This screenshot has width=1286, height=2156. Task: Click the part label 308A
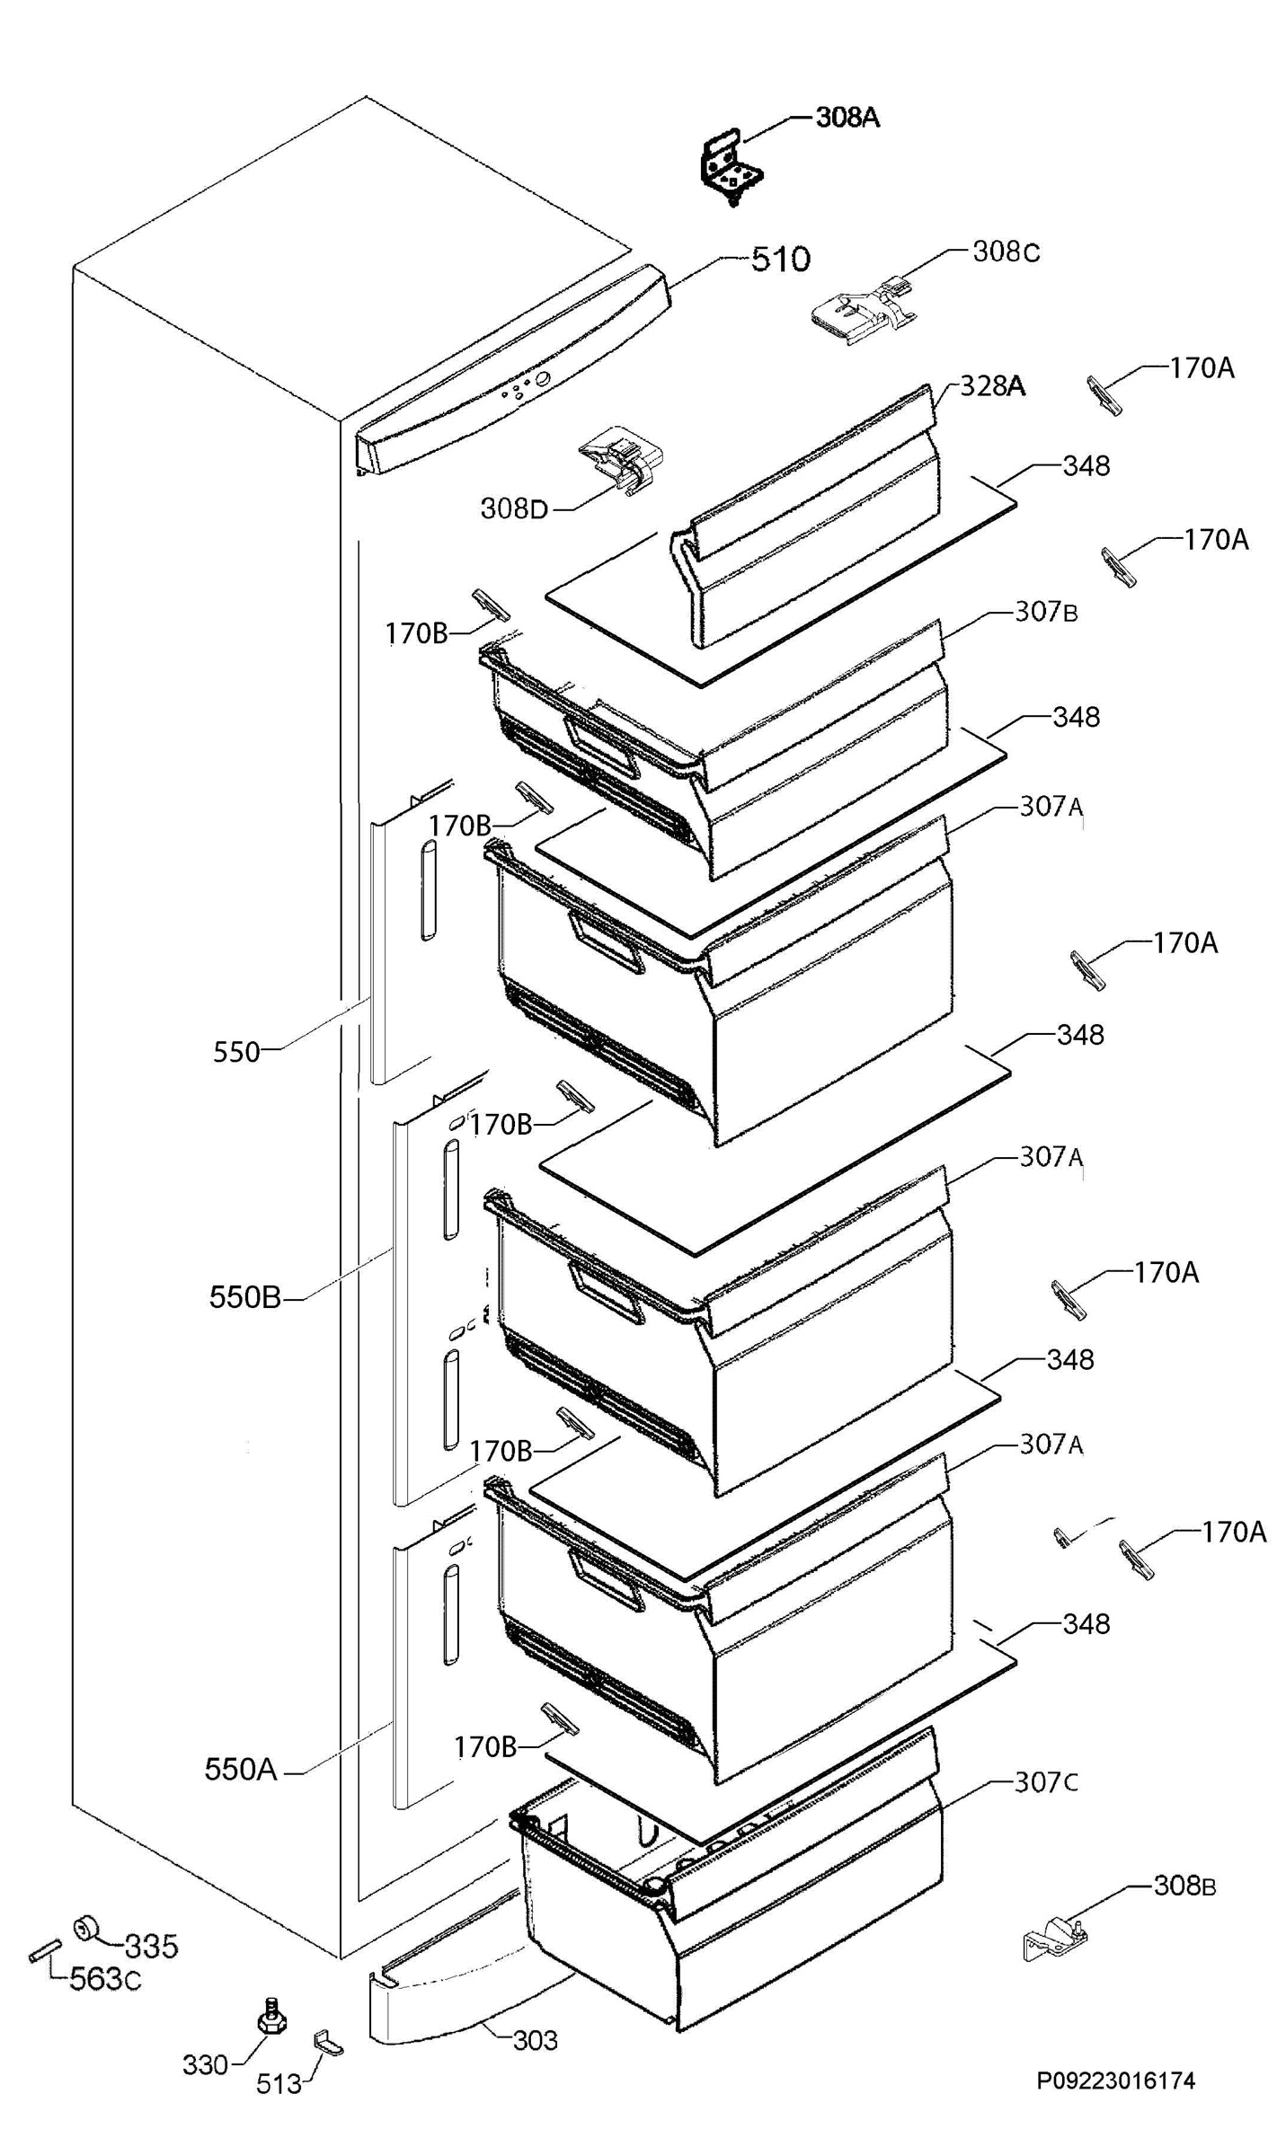(x=847, y=117)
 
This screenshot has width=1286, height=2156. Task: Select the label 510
(x=780, y=260)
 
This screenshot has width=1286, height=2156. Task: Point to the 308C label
(x=1006, y=252)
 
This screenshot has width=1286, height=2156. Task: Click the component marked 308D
(x=623, y=459)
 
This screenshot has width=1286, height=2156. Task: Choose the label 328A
(x=992, y=385)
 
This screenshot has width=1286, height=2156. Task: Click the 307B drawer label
(x=1046, y=612)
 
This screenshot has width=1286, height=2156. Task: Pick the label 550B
(x=244, y=1297)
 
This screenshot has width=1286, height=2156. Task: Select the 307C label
(x=1046, y=1782)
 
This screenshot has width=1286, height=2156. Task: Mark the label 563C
(x=105, y=1978)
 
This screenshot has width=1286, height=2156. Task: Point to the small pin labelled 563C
(x=44, y=1951)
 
